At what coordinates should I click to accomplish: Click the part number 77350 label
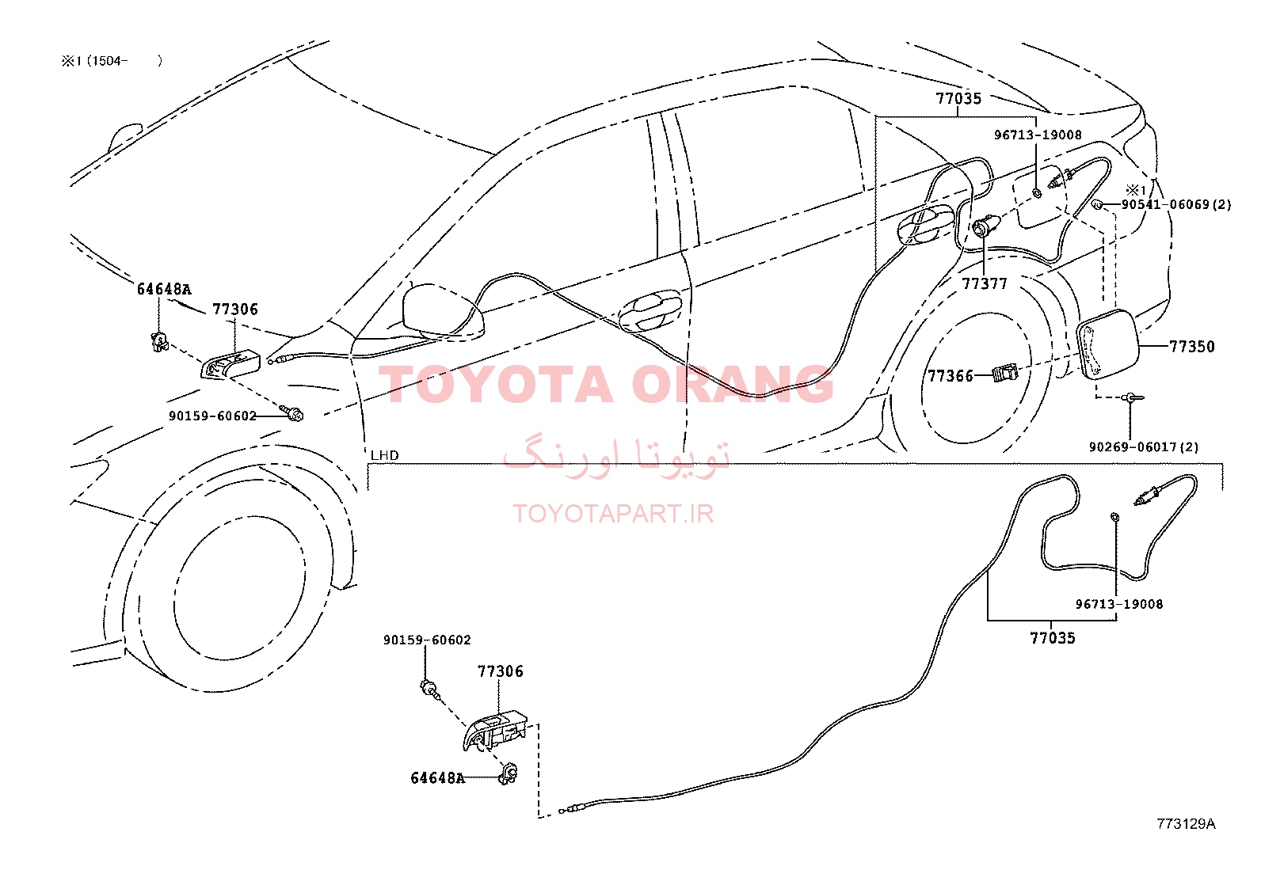tap(1192, 346)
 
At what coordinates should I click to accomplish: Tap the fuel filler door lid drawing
tap(1107, 345)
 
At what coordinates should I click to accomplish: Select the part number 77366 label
tap(951, 375)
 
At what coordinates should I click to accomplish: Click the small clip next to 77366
tap(1005, 373)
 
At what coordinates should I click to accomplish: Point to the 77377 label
tap(985, 283)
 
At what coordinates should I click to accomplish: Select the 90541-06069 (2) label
tap(1176, 204)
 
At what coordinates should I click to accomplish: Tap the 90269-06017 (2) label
tap(1143, 446)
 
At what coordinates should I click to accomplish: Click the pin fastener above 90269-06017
tap(1132, 398)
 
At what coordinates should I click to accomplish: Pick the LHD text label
tap(384, 454)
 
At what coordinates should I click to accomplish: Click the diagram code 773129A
tap(1186, 824)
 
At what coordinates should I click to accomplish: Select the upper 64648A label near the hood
tap(164, 289)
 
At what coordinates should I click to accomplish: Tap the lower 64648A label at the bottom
tap(437, 777)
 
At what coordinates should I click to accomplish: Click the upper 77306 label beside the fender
tap(235, 309)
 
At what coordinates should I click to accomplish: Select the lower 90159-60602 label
tap(427, 640)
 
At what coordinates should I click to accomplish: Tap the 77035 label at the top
tap(958, 98)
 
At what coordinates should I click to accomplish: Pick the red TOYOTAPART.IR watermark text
tap(613, 514)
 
